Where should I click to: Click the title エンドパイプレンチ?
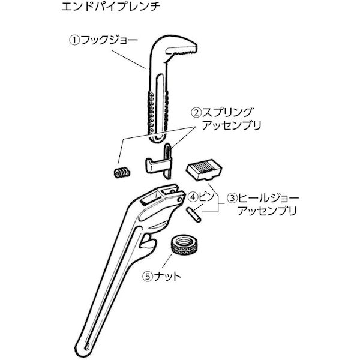click(x=111, y=7)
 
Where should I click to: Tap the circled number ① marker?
click(x=74, y=40)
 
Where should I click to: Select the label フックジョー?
click(x=109, y=40)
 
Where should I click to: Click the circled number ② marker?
click(x=196, y=113)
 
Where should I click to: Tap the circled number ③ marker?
click(x=232, y=198)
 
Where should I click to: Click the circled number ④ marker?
click(x=193, y=197)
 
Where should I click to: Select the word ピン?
click(x=206, y=197)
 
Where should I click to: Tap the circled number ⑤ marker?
click(x=148, y=276)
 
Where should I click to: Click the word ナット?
click(x=167, y=276)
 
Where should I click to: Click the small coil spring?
click(x=122, y=172)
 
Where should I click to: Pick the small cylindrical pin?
click(x=194, y=215)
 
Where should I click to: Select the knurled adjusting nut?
click(x=185, y=244)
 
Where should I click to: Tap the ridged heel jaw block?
click(x=203, y=169)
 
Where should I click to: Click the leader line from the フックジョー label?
click(x=129, y=59)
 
